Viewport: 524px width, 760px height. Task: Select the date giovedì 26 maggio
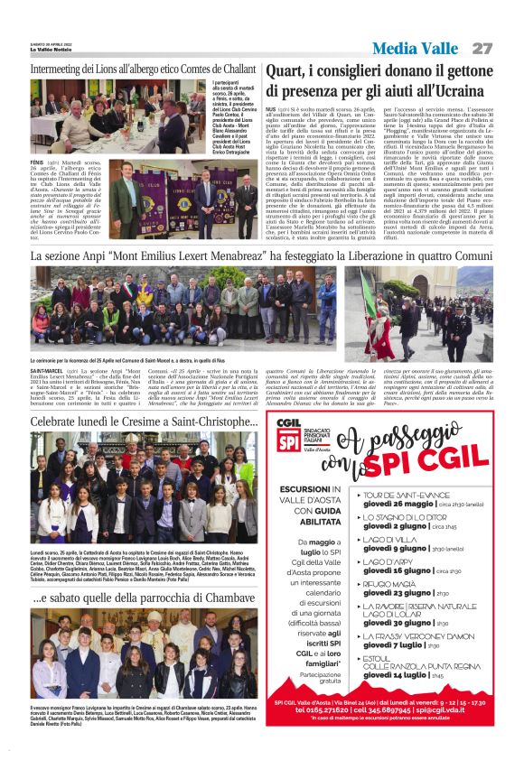tap(397, 505)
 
